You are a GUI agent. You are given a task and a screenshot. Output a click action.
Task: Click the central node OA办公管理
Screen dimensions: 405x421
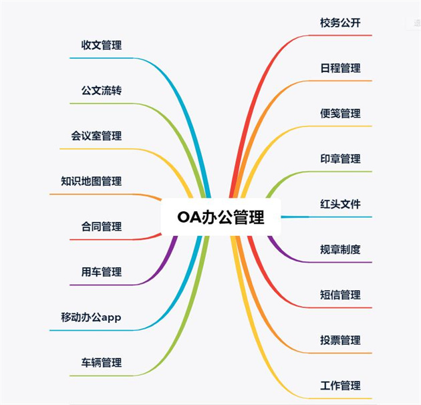(221, 217)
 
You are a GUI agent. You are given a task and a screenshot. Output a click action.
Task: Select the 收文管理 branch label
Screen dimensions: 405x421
(102, 45)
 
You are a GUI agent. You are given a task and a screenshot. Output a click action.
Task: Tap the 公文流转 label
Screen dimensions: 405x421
(102, 91)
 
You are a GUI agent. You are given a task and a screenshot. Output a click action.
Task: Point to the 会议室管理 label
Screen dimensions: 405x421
(96, 136)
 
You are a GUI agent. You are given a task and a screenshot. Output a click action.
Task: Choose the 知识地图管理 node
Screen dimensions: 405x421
(91, 181)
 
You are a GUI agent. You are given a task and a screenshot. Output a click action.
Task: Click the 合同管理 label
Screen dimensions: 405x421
(102, 227)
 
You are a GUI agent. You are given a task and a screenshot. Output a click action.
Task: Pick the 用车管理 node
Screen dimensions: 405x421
(102, 272)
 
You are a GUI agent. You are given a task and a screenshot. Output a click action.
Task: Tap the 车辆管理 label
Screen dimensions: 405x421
(102, 363)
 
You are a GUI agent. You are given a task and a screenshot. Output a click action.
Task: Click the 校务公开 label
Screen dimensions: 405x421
(340, 23)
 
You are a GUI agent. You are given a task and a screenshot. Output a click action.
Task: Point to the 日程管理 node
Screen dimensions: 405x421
(340, 68)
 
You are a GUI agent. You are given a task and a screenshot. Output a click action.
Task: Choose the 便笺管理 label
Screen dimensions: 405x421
(340, 114)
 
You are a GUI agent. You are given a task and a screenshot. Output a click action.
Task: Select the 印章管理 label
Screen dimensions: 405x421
(340, 159)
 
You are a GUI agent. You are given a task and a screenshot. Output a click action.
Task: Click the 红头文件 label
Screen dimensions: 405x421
(340, 205)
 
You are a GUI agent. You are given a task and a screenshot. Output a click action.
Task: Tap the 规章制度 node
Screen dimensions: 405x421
(340, 249)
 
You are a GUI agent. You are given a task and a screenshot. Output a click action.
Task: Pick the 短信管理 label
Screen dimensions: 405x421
(340, 295)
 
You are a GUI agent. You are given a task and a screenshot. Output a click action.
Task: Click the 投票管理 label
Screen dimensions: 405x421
(340, 340)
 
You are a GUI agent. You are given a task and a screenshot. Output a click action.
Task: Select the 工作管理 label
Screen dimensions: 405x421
(340, 386)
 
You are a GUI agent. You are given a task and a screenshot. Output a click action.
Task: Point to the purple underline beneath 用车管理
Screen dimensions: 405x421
(100, 285)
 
